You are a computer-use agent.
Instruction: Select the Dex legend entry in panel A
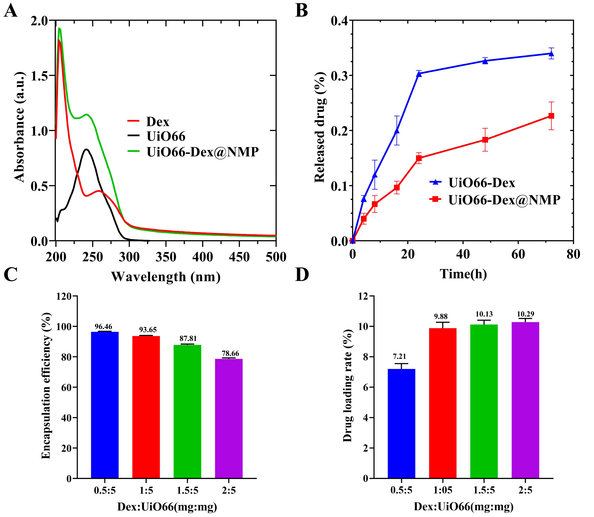(x=158, y=122)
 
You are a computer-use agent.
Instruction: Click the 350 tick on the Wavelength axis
(x=166, y=256)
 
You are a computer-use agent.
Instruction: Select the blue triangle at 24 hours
(x=419, y=74)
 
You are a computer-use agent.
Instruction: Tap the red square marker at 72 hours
(x=551, y=116)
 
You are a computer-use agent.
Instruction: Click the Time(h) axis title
(x=463, y=273)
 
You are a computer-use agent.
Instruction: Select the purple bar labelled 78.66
(x=229, y=418)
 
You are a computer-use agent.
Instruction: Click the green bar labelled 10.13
(x=484, y=401)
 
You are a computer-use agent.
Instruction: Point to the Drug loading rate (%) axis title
(x=348, y=386)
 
